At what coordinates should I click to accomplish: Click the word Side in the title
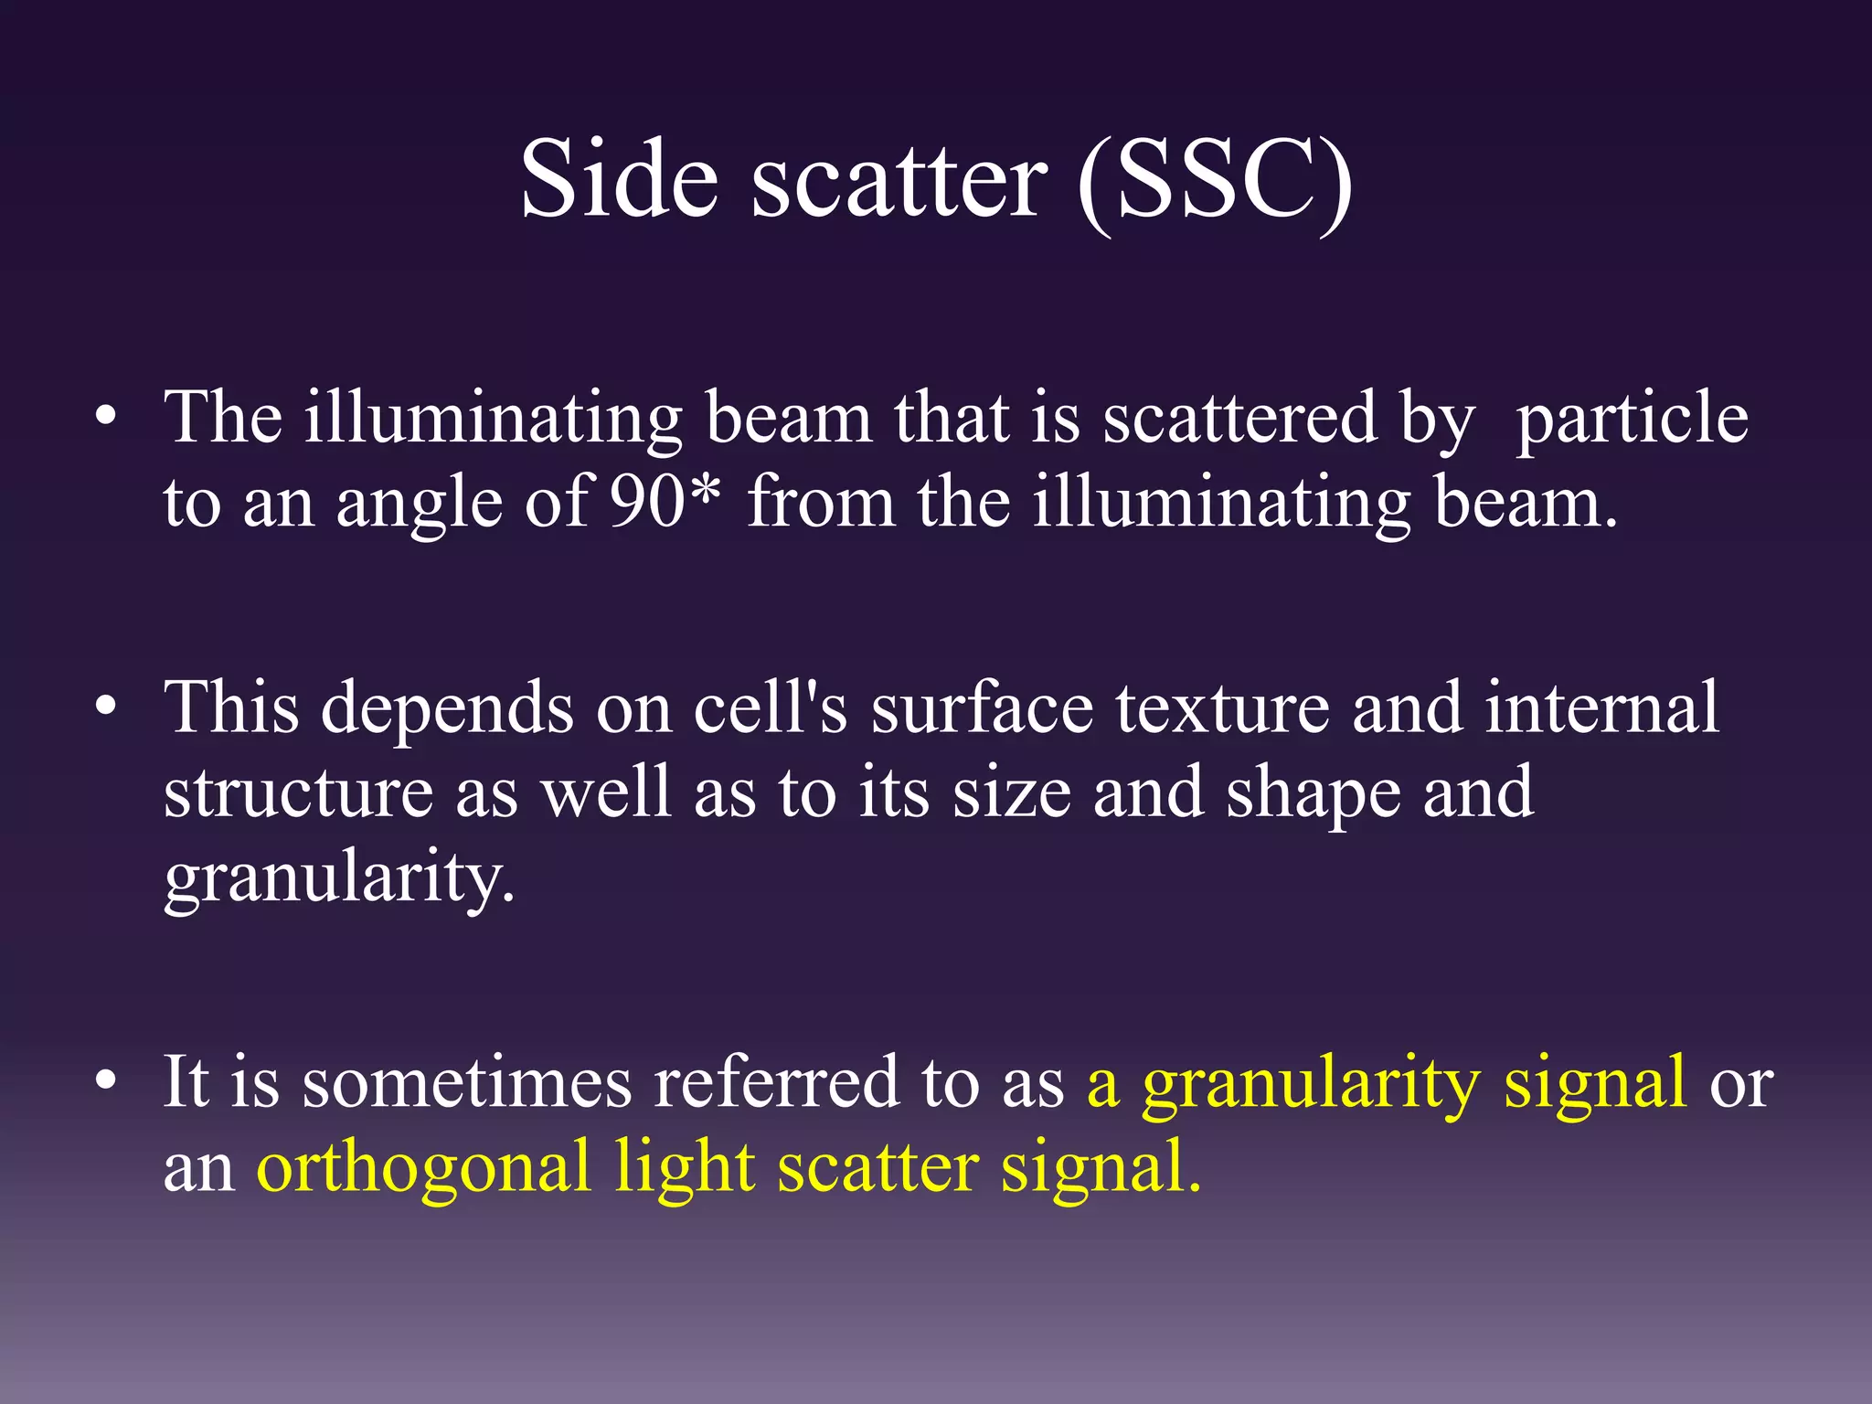tap(619, 179)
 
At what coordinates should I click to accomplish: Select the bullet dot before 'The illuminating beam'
tap(106, 418)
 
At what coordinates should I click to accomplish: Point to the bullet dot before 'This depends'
tap(106, 708)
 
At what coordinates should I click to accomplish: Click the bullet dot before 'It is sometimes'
tap(106, 1082)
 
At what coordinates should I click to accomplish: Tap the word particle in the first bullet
tap(1632, 418)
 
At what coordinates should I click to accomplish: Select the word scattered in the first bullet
tap(1239, 418)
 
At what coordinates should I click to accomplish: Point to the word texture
tap(1222, 708)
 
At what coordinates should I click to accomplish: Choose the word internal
tap(1601, 708)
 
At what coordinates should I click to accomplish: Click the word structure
tap(298, 792)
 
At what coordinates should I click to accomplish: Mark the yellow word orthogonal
tap(423, 1169)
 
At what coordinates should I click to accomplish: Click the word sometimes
tap(466, 1082)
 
